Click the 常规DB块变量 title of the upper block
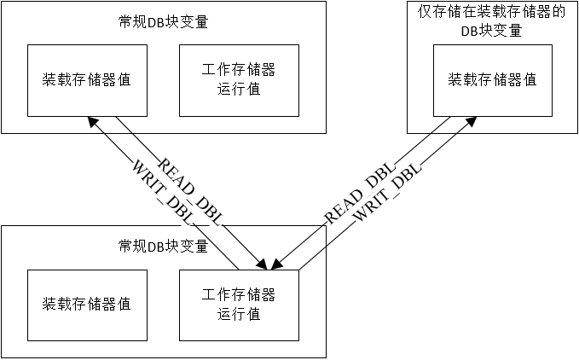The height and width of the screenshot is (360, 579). pos(163,22)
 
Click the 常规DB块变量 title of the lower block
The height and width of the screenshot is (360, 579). pos(163,247)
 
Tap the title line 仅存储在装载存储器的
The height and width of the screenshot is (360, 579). pos(492,11)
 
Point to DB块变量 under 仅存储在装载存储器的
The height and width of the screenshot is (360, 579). pos(491,31)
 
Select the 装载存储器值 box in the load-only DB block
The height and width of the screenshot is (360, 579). pos(493,80)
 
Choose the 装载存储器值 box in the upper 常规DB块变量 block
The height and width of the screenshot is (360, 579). pos(87,80)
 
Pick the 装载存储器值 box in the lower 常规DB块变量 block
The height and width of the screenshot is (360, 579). pos(87,305)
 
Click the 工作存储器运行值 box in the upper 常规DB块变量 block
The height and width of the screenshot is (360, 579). pos(239,80)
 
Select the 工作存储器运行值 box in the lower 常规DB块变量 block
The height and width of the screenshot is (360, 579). pos(239,305)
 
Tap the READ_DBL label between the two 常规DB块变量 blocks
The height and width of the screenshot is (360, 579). pos(190,192)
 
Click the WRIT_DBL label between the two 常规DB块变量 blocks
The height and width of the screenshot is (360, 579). pos(163,193)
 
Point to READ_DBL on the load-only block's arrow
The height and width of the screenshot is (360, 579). pos(360,192)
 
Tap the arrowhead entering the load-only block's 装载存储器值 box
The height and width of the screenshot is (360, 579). pos(471,121)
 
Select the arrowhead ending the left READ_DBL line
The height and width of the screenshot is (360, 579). pos(262,264)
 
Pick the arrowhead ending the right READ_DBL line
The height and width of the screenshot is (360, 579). pos(277,264)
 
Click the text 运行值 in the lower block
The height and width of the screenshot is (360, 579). pos(239,315)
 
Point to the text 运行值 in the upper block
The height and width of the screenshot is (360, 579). pos(239,89)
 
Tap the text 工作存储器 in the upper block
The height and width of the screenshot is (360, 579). pos(239,69)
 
